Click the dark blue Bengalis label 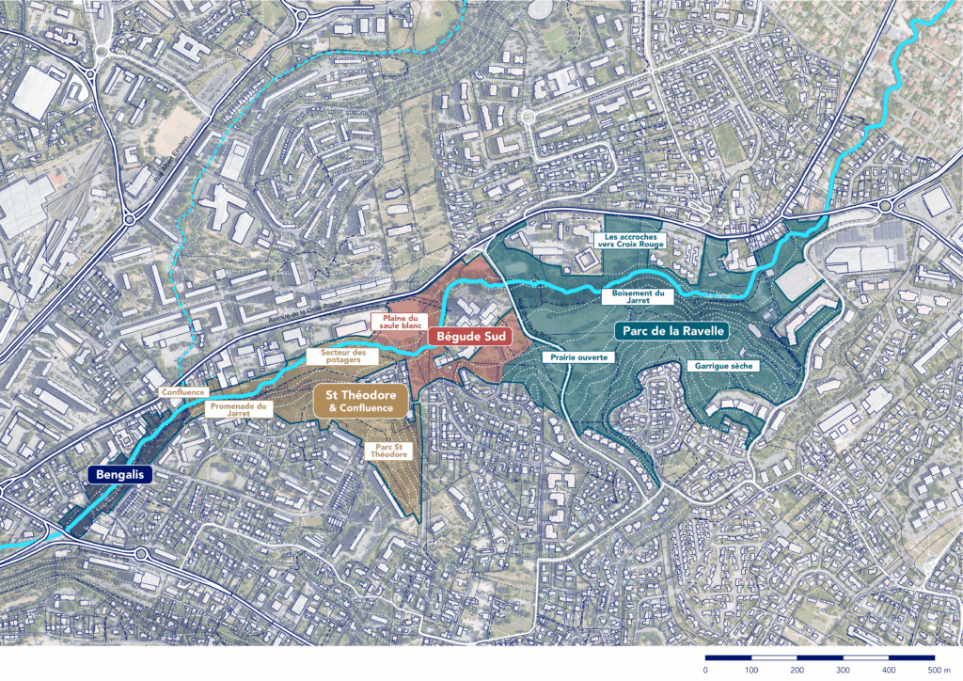pyautogui.click(x=118, y=476)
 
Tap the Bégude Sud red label pyautogui.click(x=469, y=336)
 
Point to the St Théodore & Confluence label pyautogui.click(x=360, y=401)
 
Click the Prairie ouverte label pyautogui.click(x=578, y=357)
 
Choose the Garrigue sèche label pyautogui.click(x=723, y=365)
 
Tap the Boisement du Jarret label pyautogui.click(x=638, y=298)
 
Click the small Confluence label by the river pyautogui.click(x=182, y=392)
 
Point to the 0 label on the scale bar pyautogui.click(x=705, y=670)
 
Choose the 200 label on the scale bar pyautogui.click(x=797, y=670)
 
